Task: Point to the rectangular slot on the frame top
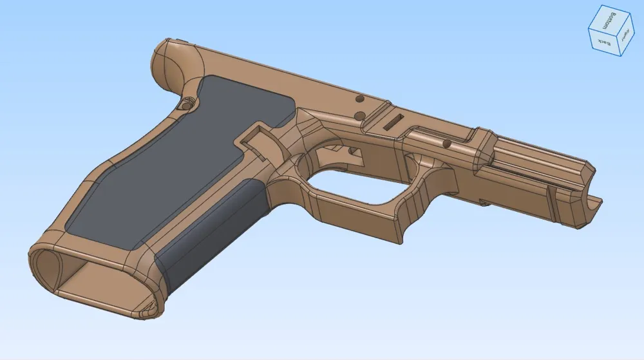392,122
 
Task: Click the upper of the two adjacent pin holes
359,100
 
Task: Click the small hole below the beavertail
187,103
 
